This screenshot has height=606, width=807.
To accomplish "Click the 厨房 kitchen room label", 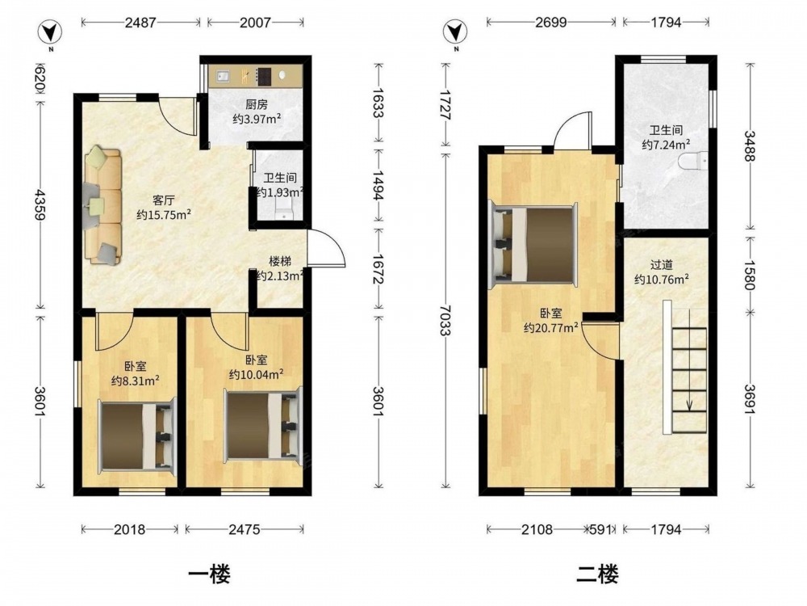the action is click(257, 104).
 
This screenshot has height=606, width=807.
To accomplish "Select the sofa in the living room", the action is click(103, 205).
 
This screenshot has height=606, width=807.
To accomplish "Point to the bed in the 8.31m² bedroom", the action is click(137, 436).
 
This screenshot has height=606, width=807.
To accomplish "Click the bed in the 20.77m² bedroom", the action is click(533, 244).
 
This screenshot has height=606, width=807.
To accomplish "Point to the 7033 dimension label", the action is click(445, 320).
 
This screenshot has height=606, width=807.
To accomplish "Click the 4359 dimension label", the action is click(40, 204).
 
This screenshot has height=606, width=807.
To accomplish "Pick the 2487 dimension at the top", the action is click(140, 22).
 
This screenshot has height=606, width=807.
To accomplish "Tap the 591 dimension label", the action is click(600, 529).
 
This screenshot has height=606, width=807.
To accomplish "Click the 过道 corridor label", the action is click(662, 265).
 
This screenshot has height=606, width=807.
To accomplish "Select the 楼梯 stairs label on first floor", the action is click(280, 262).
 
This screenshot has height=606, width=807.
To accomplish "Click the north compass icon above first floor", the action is click(50, 33).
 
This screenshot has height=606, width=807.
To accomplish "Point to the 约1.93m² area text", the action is click(279, 192).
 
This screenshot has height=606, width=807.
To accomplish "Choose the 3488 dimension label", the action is click(750, 145).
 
